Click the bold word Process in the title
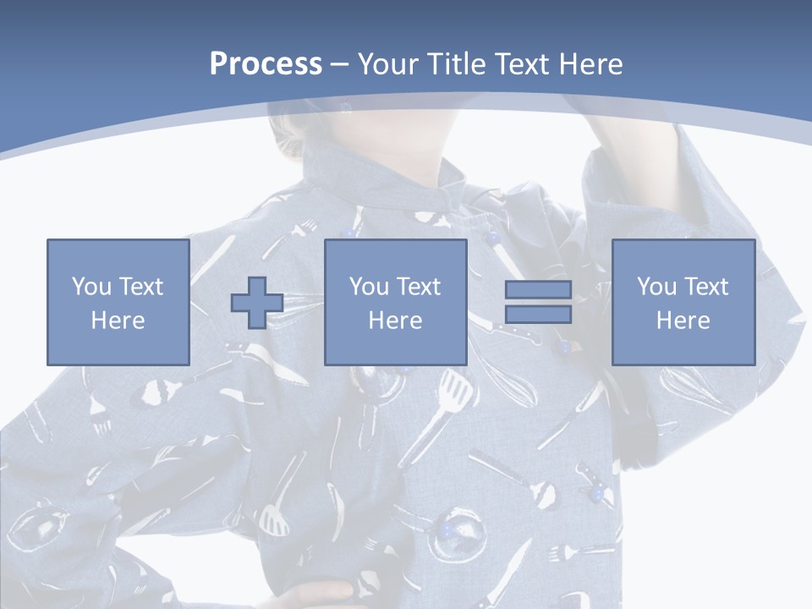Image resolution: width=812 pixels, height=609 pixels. click(x=266, y=64)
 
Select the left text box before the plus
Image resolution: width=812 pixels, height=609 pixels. click(x=118, y=302)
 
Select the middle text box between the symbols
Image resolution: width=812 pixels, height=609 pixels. click(x=395, y=302)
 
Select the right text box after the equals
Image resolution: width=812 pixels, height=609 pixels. click(x=683, y=302)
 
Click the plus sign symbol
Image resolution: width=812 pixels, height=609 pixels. click(x=257, y=303)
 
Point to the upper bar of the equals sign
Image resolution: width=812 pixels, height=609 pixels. click(x=538, y=290)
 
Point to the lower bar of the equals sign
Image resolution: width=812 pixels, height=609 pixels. click(x=538, y=314)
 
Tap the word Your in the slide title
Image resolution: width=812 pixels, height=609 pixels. click(x=386, y=64)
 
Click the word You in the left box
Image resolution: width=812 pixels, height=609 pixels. click(x=91, y=287)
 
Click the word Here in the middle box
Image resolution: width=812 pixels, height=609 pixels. click(x=395, y=321)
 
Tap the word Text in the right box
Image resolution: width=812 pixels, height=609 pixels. click(x=708, y=287)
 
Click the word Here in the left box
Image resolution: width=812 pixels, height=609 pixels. click(x=118, y=321)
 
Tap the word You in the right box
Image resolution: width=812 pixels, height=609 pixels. click(x=656, y=287)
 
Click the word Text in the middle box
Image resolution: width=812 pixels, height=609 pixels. click(x=420, y=287)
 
